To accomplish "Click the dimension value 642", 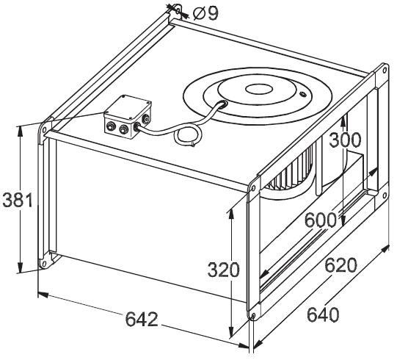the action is click(x=142, y=319).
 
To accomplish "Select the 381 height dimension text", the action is click(x=18, y=200).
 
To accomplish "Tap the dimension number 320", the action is click(x=223, y=270).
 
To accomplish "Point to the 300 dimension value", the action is click(x=345, y=140).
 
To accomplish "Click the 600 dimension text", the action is click(x=320, y=220).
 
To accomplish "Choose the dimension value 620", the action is click(x=340, y=265).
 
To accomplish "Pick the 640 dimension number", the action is click(x=323, y=314).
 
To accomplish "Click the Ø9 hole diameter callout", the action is click(x=205, y=13).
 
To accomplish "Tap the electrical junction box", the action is click(x=128, y=117).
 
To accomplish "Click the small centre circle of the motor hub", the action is click(x=259, y=89).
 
